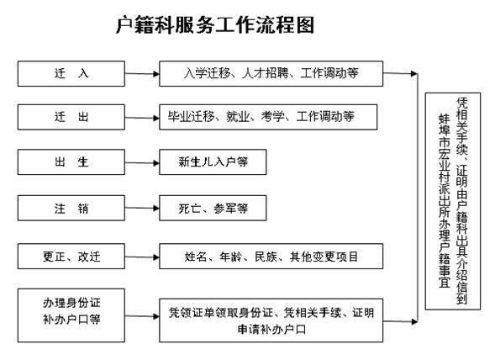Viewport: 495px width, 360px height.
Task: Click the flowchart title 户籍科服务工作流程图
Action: tap(215, 25)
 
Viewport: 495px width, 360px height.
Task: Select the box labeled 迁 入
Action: tap(71, 74)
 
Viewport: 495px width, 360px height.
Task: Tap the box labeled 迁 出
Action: tap(71, 117)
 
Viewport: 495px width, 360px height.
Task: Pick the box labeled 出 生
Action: tap(71, 162)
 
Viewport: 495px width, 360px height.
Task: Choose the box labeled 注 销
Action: tap(71, 208)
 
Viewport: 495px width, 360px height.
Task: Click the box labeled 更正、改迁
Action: tap(71, 257)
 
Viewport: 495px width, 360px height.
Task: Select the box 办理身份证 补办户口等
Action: tap(71, 315)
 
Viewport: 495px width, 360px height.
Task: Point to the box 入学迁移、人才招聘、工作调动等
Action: tap(271, 74)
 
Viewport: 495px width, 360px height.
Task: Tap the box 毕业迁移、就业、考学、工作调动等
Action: tap(268, 117)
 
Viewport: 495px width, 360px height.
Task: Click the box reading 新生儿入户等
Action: tap(213, 162)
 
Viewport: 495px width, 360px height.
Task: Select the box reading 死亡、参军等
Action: tap(213, 208)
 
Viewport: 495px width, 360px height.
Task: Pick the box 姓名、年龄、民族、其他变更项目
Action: tap(271, 257)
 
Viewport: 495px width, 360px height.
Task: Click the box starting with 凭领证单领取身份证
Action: tap(271, 320)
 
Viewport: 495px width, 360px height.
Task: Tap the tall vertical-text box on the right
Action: tap(453, 201)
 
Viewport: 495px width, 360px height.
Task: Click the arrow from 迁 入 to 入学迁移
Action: tap(142, 74)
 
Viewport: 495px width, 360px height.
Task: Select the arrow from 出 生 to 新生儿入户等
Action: tap(142, 163)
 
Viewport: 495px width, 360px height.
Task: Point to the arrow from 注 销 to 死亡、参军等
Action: tap(142, 209)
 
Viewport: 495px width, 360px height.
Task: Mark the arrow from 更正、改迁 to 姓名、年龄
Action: tap(142, 257)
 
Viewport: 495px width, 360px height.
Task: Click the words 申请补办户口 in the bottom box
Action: tap(271, 330)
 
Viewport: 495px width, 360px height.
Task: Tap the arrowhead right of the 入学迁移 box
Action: tap(414, 74)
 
